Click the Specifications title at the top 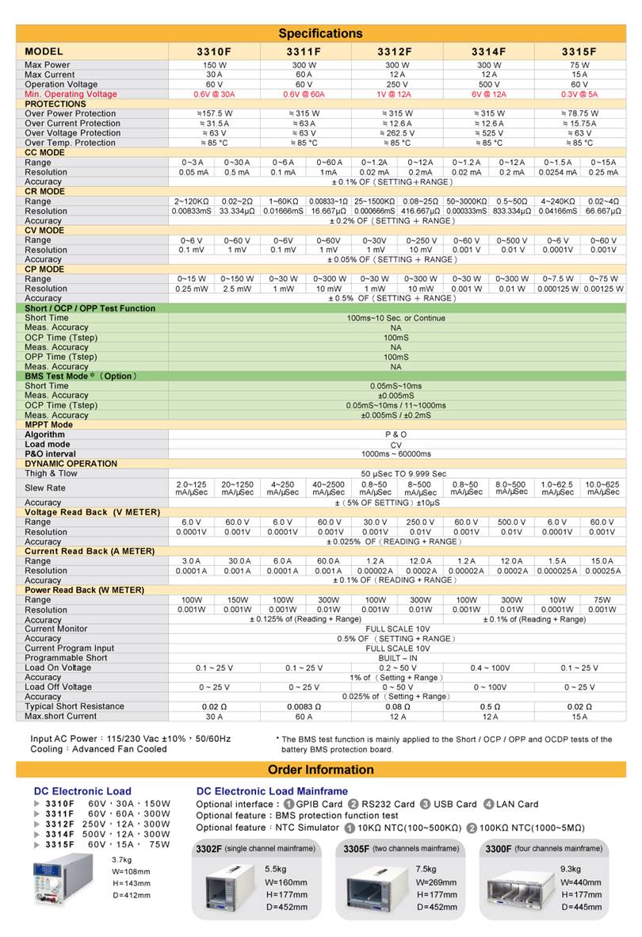(x=320, y=33)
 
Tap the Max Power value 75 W (x=579, y=65)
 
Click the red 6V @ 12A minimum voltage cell (x=489, y=94)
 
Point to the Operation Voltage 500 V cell (x=490, y=84)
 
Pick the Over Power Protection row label (x=71, y=113)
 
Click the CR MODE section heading (x=45, y=191)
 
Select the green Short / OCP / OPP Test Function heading (x=90, y=308)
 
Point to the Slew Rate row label (x=45, y=488)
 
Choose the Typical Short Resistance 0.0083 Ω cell (x=304, y=706)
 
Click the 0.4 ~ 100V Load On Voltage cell (x=489, y=667)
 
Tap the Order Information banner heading (x=320, y=770)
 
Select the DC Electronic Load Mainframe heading (x=272, y=791)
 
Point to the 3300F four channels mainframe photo (x=519, y=889)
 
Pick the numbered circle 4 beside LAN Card (x=489, y=804)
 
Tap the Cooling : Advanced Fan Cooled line (x=98, y=749)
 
